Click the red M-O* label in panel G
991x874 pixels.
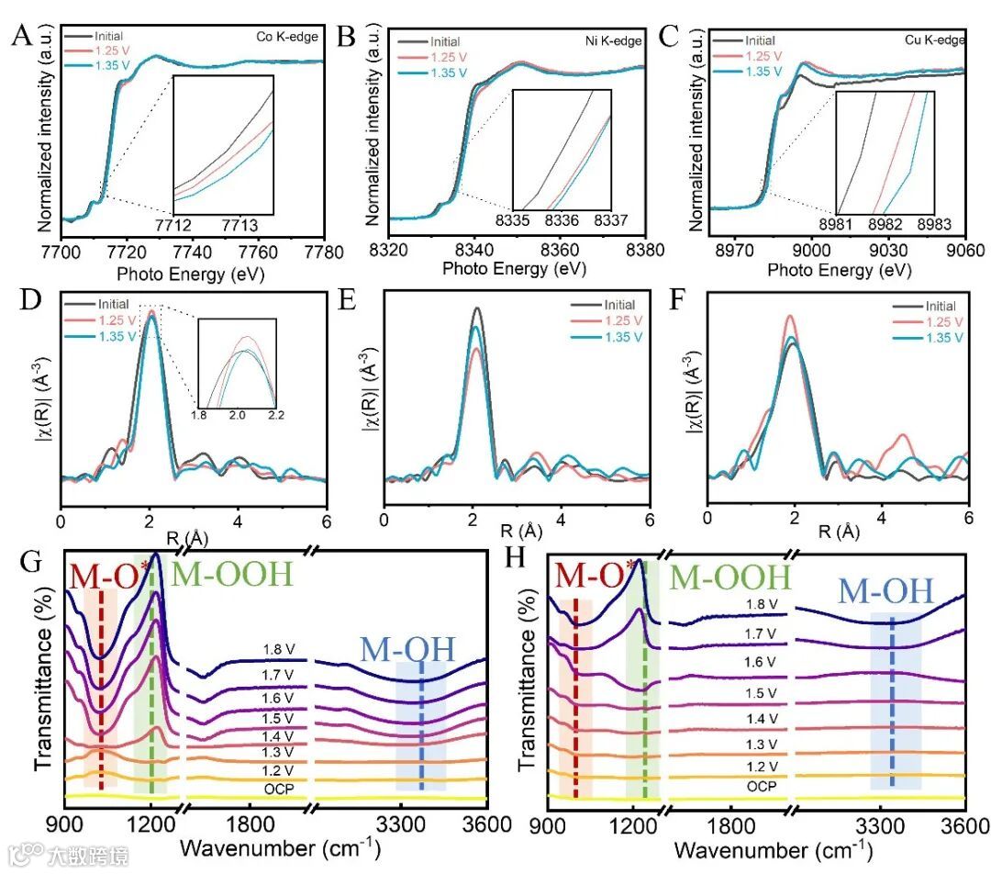click(x=104, y=577)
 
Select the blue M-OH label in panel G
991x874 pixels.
click(x=407, y=648)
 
